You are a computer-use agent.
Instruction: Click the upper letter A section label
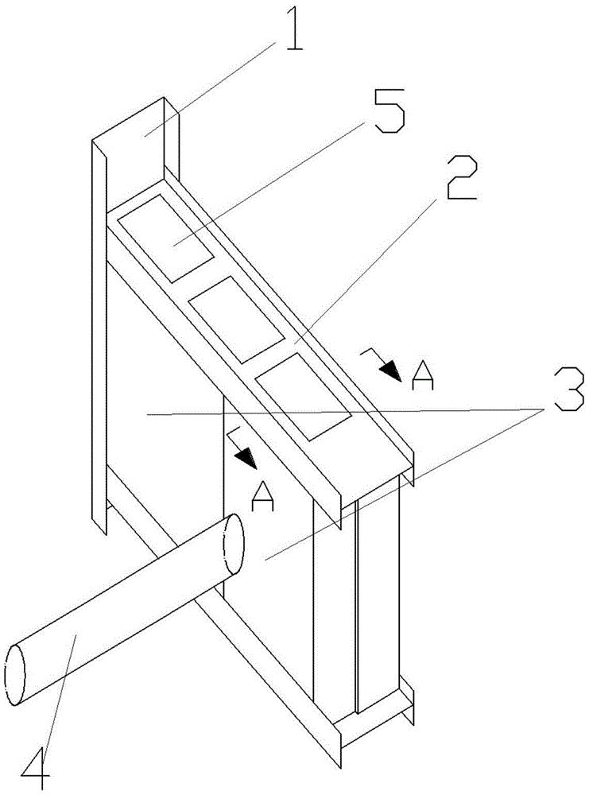coord(422,379)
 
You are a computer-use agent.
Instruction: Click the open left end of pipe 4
coord(16,674)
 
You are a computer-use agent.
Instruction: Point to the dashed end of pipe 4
coord(234,545)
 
